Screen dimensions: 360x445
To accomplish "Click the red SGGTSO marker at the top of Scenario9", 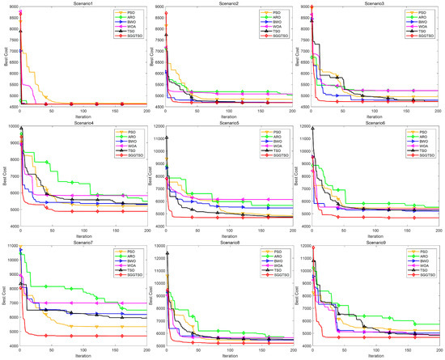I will coord(313,246).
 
